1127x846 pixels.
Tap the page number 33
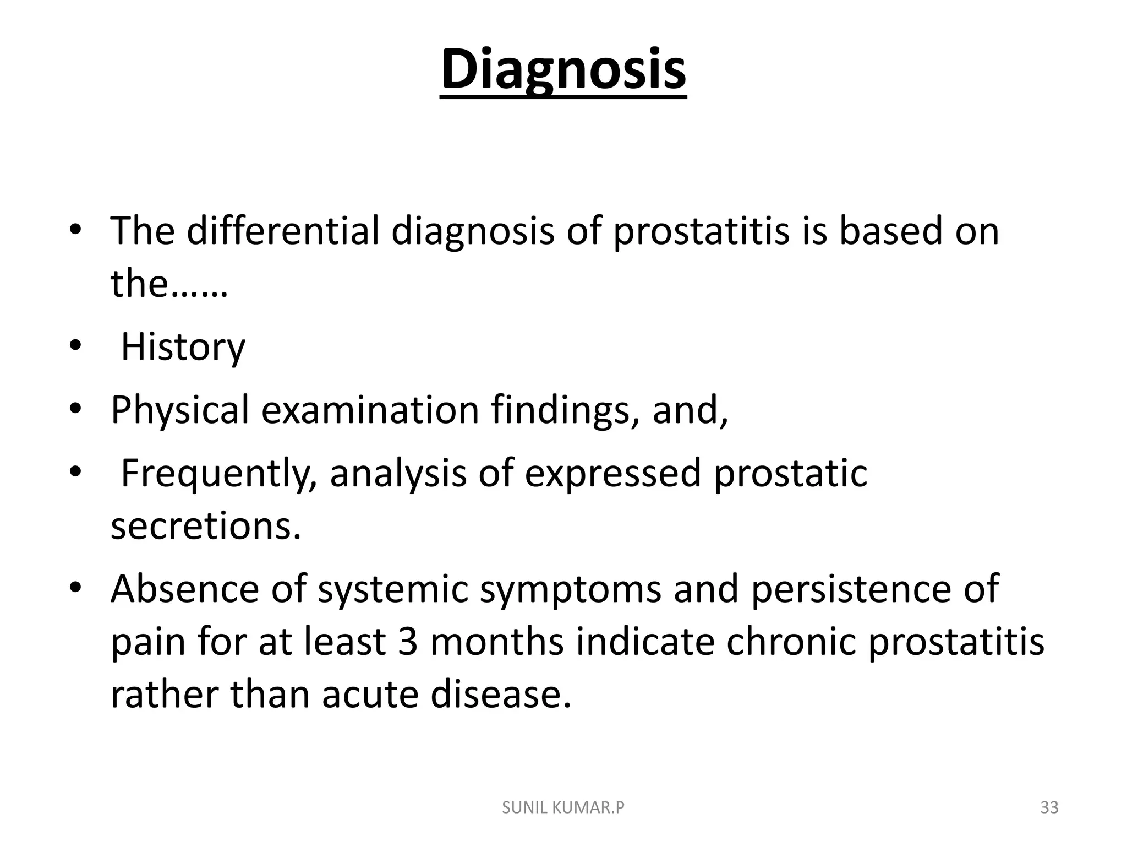(x=1049, y=808)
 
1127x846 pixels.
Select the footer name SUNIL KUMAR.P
(x=563, y=808)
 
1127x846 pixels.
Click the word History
(x=183, y=348)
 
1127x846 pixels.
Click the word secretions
(x=205, y=526)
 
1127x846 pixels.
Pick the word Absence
(x=184, y=589)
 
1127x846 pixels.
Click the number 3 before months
(x=408, y=642)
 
